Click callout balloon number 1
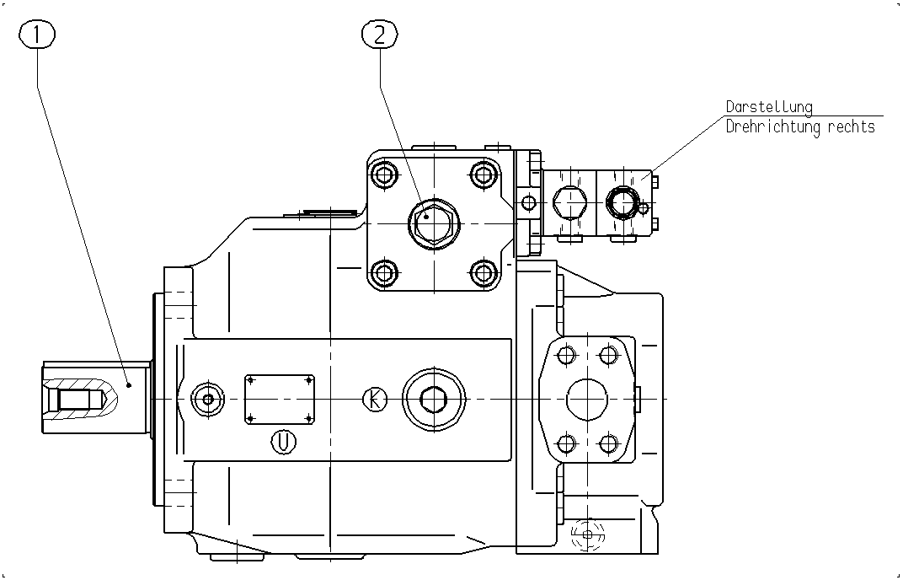[37, 35]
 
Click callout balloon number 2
[380, 35]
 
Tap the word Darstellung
[769, 107]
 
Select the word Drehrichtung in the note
[774, 126]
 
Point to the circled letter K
[375, 399]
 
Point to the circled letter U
[283, 443]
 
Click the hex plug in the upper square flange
[434, 223]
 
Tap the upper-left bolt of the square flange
[385, 175]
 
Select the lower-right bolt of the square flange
[484, 272]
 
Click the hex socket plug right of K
[434, 399]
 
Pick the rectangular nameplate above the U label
[280, 399]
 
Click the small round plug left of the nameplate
[208, 399]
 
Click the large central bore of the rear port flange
[587, 400]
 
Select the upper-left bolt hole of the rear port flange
[567, 355]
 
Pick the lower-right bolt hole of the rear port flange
[609, 444]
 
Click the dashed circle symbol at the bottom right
[587, 534]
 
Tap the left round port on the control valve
[570, 203]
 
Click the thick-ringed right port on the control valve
[622, 203]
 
